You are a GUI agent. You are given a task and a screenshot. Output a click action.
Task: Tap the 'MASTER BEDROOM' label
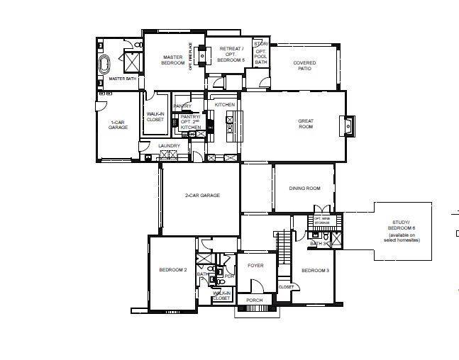coord(172,60)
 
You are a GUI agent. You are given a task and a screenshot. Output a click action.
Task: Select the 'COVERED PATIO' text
coord(304,66)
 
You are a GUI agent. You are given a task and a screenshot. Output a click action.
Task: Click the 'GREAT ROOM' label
coord(305,124)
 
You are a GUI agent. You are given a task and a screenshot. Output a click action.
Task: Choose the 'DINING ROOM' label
coord(304,189)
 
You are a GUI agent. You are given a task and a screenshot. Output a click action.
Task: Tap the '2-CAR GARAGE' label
coord(202,195)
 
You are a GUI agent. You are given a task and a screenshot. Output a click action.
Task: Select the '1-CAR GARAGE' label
coord(118,126)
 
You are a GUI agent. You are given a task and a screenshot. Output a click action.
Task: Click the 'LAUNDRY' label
coord(169,146)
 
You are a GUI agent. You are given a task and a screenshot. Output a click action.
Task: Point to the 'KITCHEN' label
coord(225,105)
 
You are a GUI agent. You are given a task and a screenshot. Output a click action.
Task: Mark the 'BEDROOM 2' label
coord(172,270)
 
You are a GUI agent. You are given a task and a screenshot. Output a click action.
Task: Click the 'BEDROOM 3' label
coord(314,271)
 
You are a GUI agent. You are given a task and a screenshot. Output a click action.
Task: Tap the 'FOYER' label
coord(255,266)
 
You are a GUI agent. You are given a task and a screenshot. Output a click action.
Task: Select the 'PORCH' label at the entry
coord(254,300)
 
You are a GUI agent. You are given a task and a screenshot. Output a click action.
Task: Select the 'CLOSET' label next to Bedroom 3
coord(286,287)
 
